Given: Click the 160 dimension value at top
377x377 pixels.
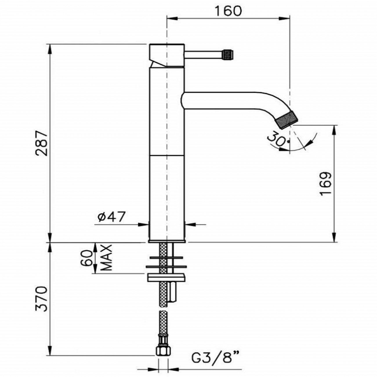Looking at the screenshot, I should (x=228, y=11).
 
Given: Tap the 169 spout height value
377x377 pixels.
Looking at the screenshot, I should (x=326, y=184).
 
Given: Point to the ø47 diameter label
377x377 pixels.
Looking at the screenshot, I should (x=111, y=217).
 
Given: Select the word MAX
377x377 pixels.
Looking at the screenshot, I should (x=107, y=258).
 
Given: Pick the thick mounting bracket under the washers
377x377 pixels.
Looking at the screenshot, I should (x=166, y=278).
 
